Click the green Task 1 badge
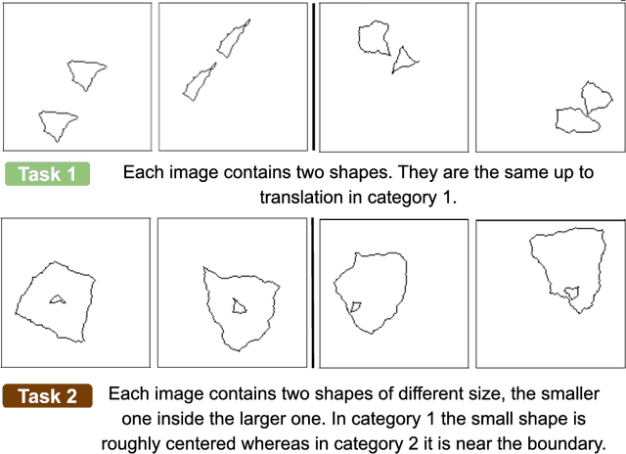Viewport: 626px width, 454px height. (48, 174)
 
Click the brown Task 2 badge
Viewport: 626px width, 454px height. (48, 396)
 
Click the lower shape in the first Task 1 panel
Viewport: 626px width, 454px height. (57, 124)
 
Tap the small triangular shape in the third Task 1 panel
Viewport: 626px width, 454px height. (404, 63)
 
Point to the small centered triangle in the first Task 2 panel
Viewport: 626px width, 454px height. (58, 298)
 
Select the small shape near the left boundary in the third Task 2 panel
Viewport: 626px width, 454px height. (357, 307)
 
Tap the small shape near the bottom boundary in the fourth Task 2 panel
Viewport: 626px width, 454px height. (572, 292)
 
